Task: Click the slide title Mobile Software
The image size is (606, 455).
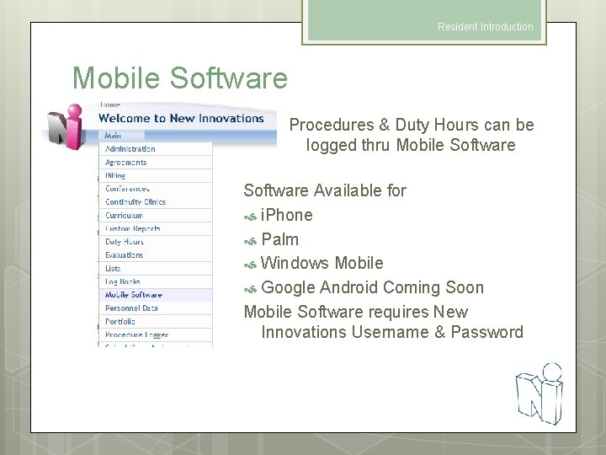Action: tap(180, 78)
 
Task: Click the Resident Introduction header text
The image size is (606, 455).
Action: tap(485, 27)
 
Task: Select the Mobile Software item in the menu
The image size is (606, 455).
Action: tap(133, 295)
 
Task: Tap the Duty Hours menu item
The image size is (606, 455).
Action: tap(124, 242)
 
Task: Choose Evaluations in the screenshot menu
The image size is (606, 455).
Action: tap(124, 255)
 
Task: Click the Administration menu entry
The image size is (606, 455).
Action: tap(130, 149)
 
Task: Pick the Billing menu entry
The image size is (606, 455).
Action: tap(115, 175)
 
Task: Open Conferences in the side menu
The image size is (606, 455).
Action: tap(127, 189)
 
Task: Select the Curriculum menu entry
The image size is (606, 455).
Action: tap(124, 215)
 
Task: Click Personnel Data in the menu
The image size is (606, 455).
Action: tap(131, 308)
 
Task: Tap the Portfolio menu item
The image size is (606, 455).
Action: tap(120, 322)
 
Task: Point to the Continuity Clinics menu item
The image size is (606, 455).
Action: tap(135, 202)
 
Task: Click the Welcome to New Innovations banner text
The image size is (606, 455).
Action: tap(181, 119)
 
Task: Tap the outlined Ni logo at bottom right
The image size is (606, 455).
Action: tap(539, 393)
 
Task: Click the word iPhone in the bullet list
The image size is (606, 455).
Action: tap(287, 215)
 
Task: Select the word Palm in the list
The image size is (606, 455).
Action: tap(280, 239)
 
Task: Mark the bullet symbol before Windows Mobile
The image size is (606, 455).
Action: tap(250, 265)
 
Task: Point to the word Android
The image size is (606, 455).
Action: tap(349, 287)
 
